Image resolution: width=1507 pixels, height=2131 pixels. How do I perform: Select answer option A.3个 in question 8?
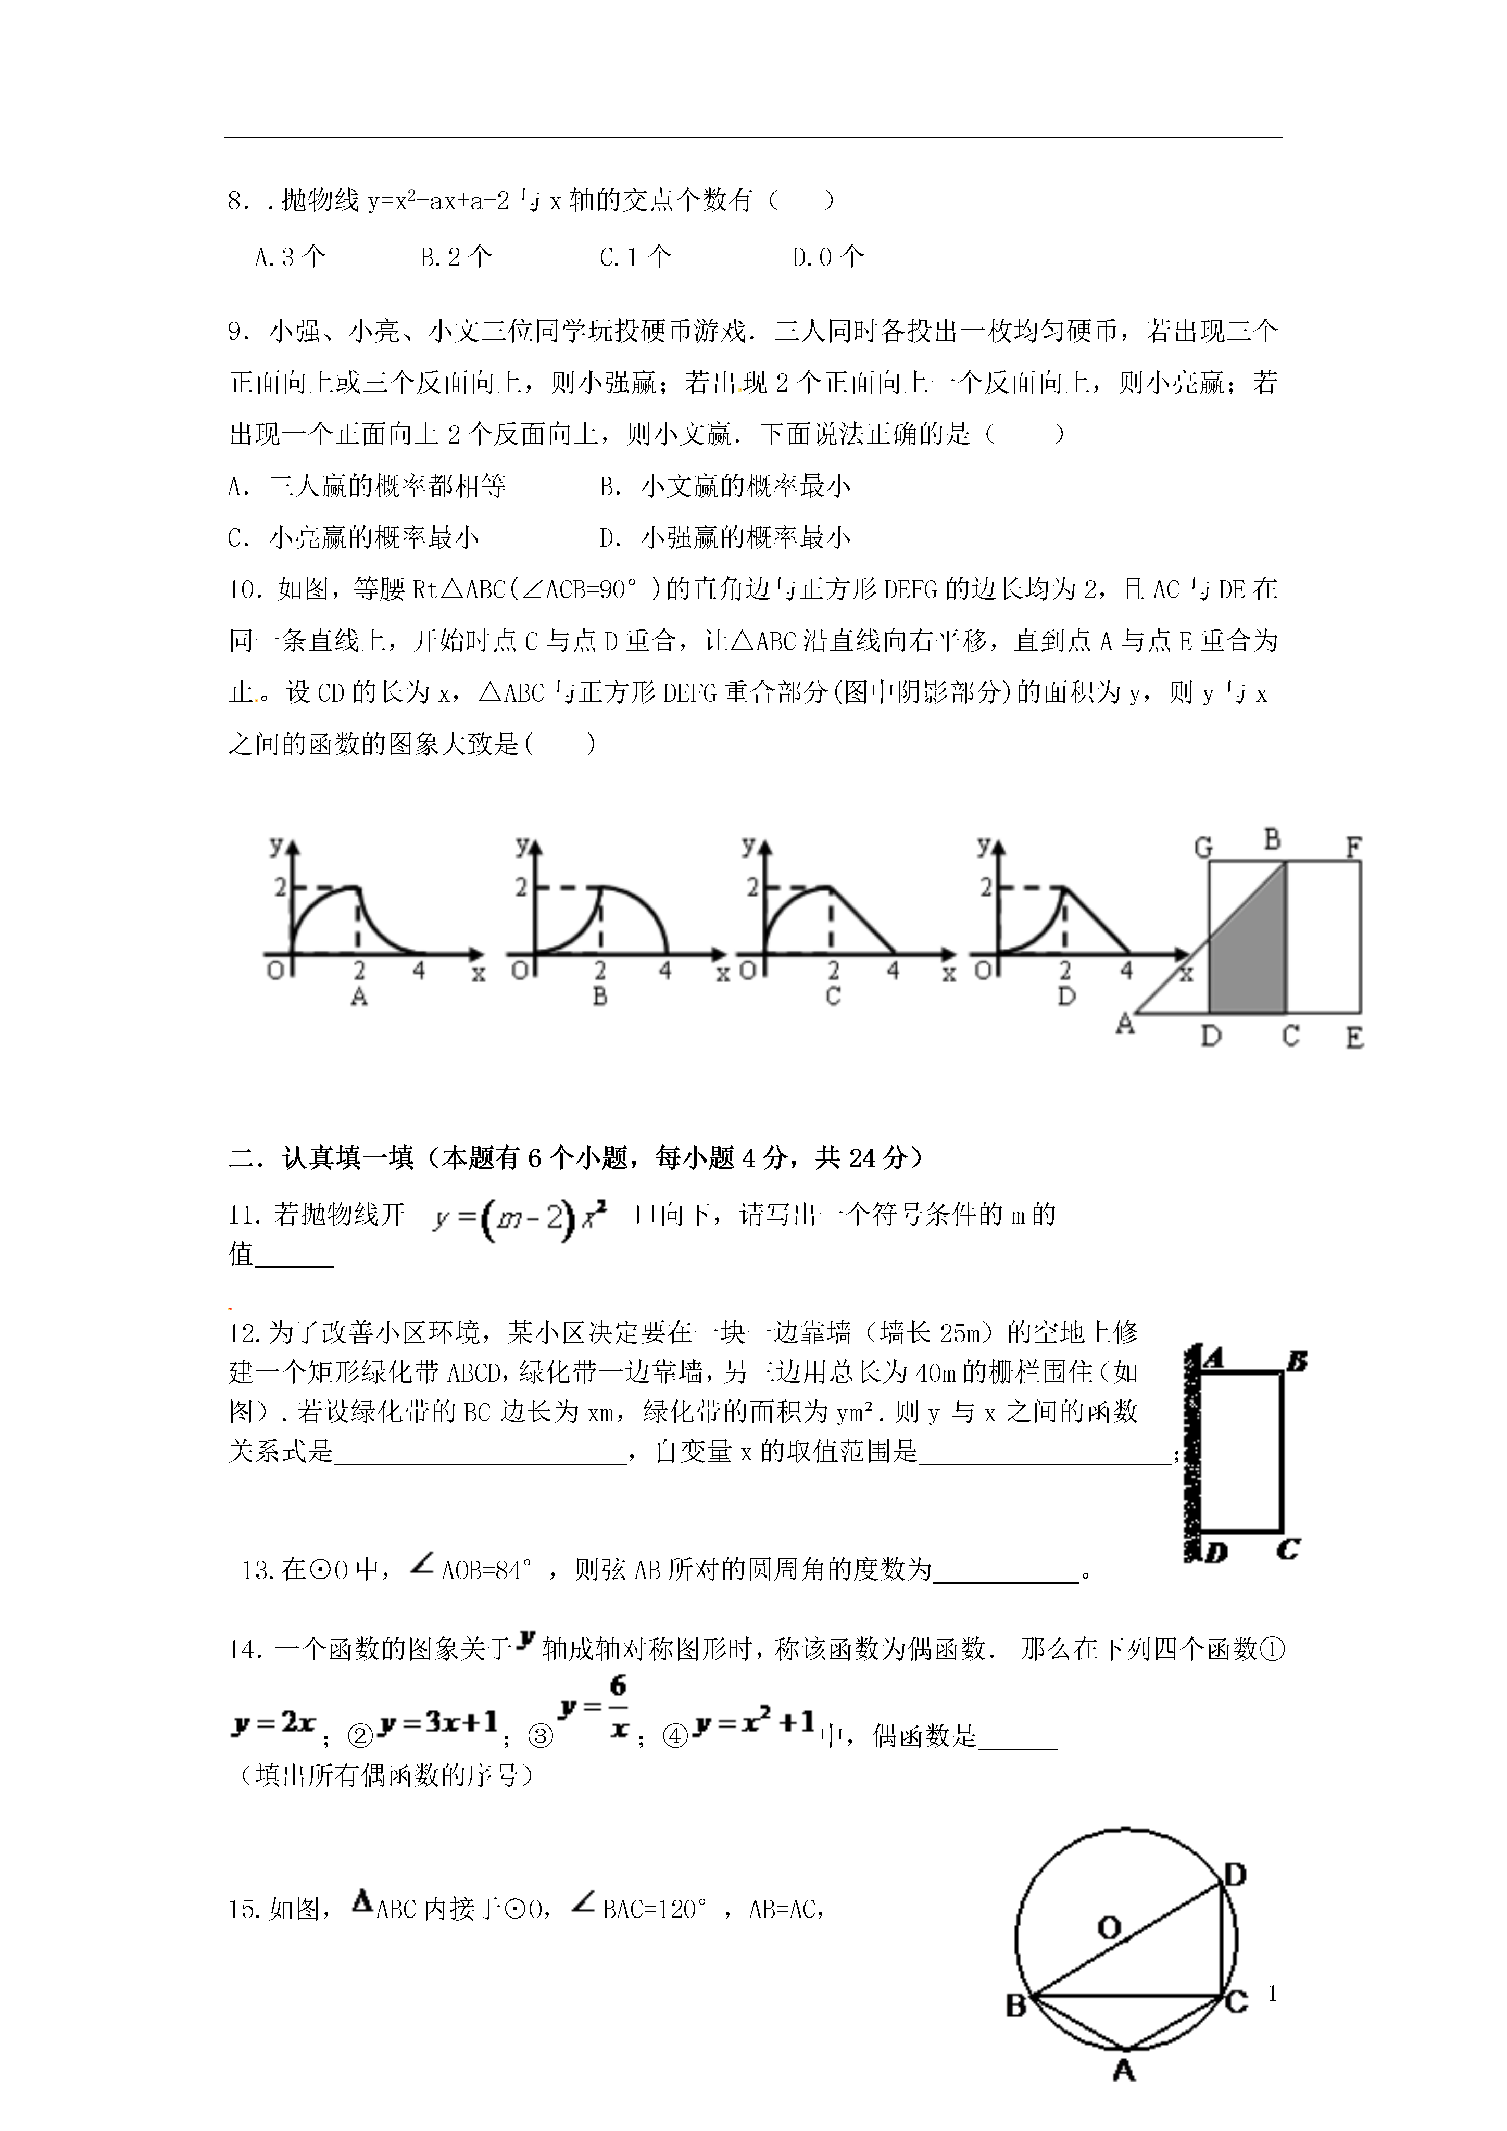click(290, 257)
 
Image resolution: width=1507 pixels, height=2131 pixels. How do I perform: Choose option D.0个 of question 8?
click(827, 257)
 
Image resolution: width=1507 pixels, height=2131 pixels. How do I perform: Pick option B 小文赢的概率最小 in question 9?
click(724, 485)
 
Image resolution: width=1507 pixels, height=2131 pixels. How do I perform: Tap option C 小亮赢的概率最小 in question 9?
click(353, 537)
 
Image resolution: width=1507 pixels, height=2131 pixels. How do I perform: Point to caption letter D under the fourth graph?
click(1066, 998)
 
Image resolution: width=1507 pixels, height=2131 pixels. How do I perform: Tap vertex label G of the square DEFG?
click(1203, 847)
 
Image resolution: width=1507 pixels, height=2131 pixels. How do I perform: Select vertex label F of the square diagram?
click(1354, 847)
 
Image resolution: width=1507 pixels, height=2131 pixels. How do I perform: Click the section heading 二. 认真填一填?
click(576, 1157)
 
